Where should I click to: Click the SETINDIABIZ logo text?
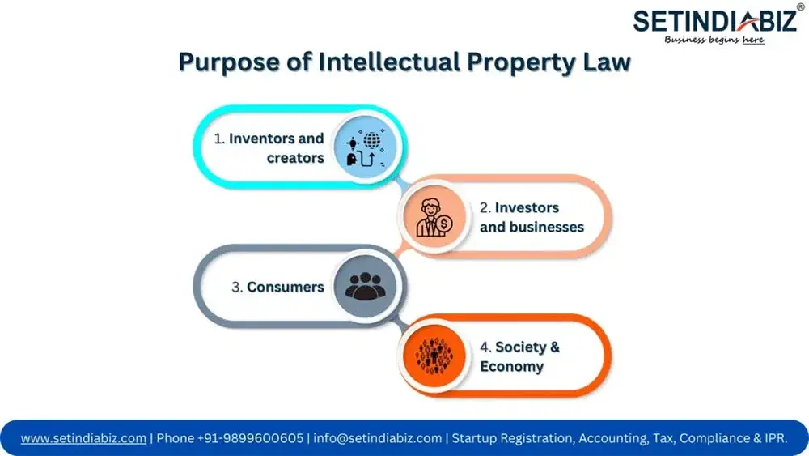(714, 22)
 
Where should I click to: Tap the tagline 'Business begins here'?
(714, 40)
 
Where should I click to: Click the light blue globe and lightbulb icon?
(366, 147)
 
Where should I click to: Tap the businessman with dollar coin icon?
(434, 217)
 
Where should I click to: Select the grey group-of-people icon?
(366, 286)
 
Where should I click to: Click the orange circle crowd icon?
(434, 356)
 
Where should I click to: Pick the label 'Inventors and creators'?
(269, 147)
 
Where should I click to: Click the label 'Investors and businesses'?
(532, 217)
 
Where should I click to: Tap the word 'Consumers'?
(286, 287)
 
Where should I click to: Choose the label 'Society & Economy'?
(519, 356)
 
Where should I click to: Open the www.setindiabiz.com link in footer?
(83, 438)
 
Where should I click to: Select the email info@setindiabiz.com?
(378, 438)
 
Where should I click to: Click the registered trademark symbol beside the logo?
(800, 7)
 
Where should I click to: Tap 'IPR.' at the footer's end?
(776, 438)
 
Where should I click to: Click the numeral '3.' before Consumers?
(237, 288)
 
